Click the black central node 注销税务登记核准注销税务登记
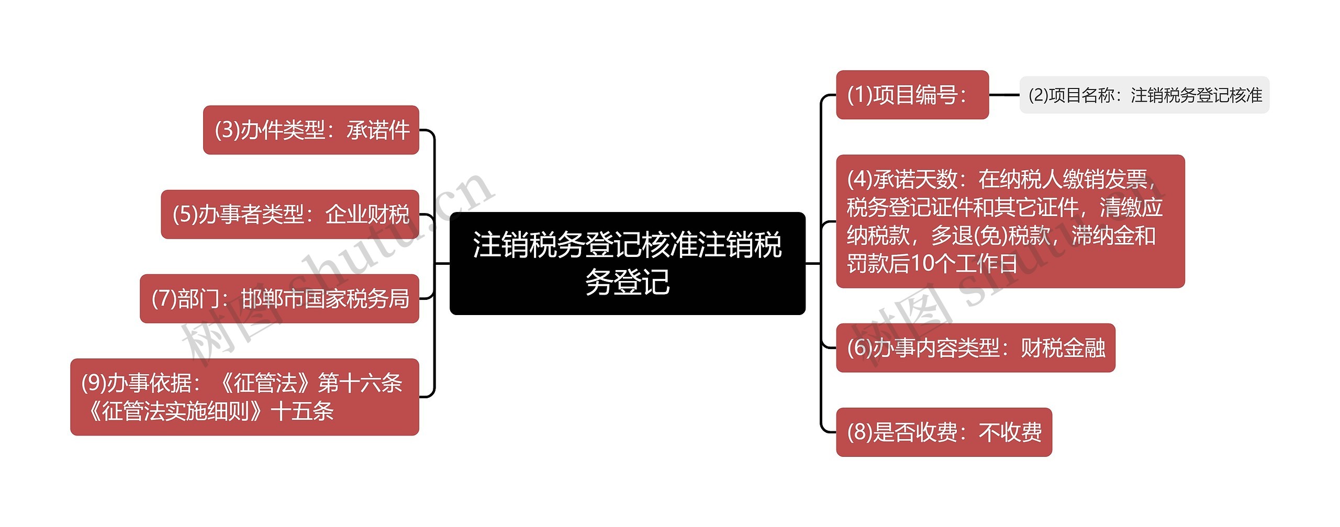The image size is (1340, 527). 627,263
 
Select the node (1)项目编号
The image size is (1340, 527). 912,95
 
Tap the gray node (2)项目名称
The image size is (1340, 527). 1144,95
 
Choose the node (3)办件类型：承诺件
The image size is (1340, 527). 311,130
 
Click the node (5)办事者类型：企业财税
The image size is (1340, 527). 290,214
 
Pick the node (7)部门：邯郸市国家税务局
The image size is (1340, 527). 280,298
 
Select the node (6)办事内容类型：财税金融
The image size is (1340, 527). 975,347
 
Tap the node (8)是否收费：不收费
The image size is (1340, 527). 944,432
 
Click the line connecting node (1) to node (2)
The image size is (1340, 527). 1004,95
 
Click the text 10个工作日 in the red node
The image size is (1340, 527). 964,264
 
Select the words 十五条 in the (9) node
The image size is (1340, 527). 303,411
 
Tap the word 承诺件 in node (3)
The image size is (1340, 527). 378,130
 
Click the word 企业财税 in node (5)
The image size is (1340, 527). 367,214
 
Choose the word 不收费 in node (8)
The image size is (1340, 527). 1010,432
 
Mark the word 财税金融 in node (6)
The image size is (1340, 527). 1063,347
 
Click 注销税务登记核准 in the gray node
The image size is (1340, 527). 1197,95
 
